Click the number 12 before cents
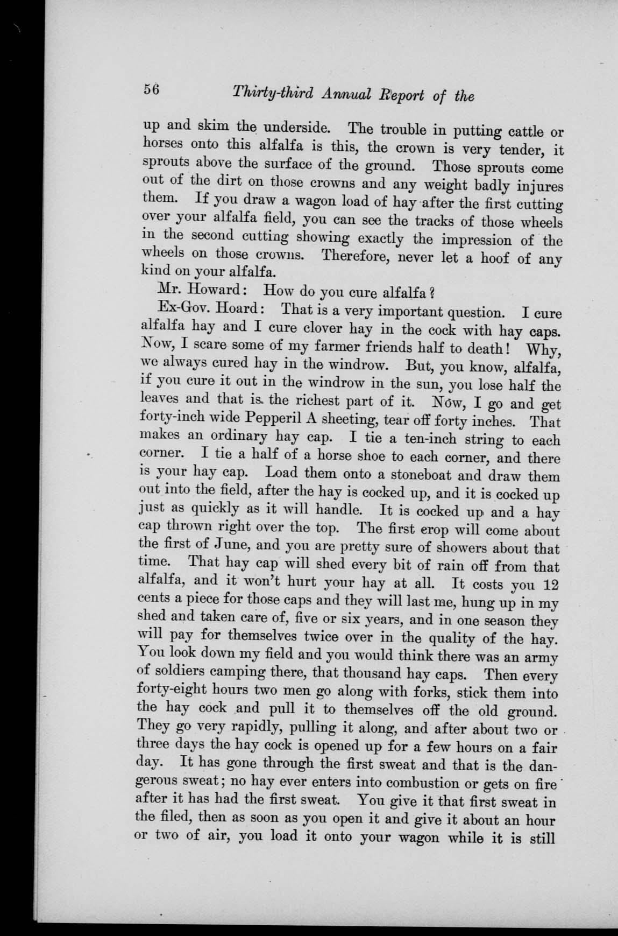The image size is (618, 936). (549, 583)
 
